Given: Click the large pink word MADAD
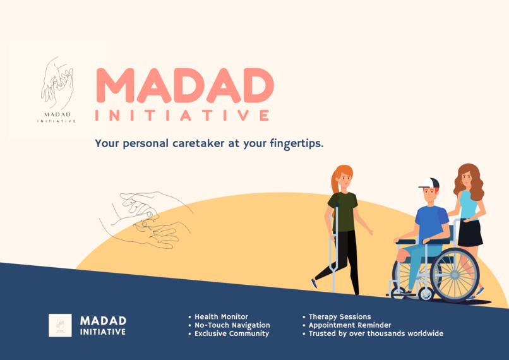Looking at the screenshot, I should (184, 85).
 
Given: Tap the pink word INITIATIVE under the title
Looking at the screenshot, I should (182, 116).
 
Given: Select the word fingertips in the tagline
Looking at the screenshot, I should (294, 143).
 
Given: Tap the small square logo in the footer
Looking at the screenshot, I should (60, 325).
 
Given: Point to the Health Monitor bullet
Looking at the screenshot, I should (221, 317).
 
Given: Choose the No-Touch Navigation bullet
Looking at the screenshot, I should (232, 325).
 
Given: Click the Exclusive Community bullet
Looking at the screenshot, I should (231, 333).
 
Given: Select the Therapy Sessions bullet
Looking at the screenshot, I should (339, 317).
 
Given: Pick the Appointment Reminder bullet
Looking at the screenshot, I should (349, 325).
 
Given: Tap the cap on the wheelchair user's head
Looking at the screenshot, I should (429, 183).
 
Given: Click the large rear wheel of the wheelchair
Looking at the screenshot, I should (455, 275).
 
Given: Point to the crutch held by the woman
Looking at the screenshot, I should (335, 246).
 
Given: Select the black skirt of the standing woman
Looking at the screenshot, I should (470, 232).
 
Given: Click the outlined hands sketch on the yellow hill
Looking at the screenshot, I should (145, 218).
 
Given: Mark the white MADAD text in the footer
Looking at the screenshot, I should (103, 321).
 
